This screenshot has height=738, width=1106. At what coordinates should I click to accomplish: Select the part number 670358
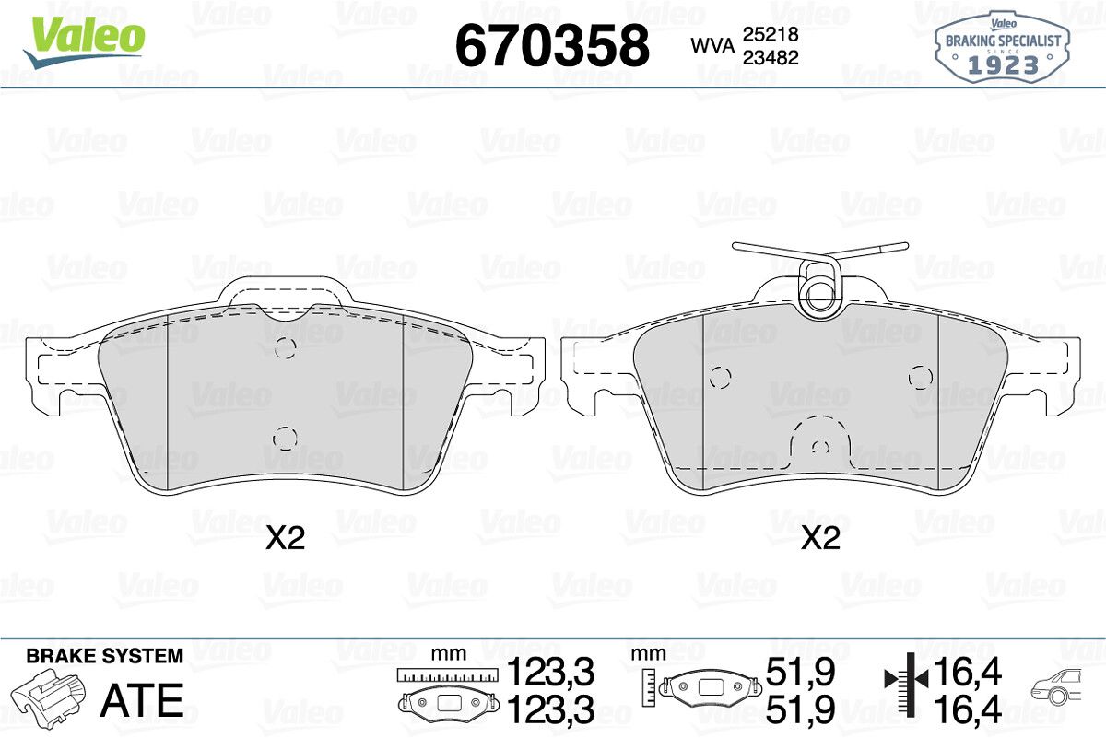[x=552, y=45]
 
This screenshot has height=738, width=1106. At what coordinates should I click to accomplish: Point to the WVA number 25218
[x=771, y=34]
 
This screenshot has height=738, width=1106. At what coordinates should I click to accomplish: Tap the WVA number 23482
[x=771, y=58]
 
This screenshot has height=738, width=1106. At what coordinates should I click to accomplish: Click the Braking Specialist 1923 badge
[x=1003, y=48]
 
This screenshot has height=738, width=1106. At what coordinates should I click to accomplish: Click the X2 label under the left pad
[x=286, y=539]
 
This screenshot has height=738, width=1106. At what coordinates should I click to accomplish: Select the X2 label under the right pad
[x=820, y=539]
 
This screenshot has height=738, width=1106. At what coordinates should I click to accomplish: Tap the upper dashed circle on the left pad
[x=285, y=348]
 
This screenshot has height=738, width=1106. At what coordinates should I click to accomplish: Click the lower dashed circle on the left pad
[x=285, y=439]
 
